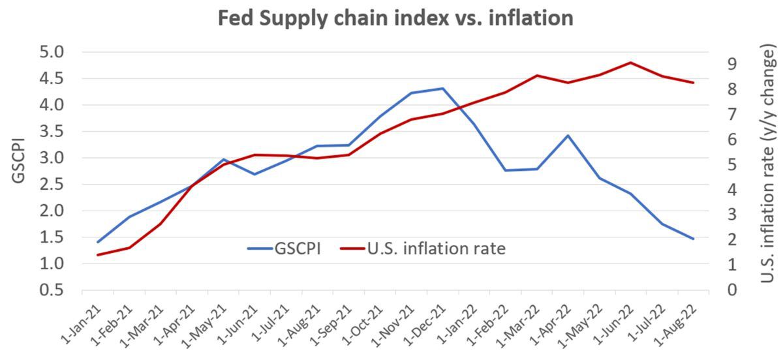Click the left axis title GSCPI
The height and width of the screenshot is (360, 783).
coord(19,159)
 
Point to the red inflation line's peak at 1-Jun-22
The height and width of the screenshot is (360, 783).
coord(630,63)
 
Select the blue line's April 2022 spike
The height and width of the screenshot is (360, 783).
coord(568,136)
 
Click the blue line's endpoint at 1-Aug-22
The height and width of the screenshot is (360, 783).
coord(693,239)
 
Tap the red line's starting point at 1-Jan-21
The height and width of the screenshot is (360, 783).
coord(98,254)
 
